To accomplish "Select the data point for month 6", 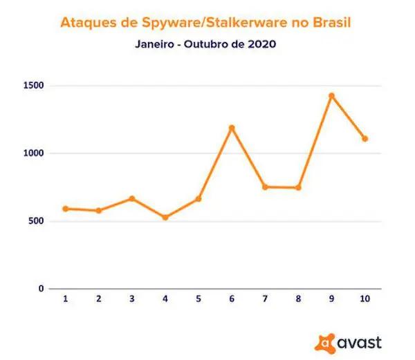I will click(x=232, y=128).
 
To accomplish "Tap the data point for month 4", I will click(x=165, y=218).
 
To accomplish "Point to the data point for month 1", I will click(x=65, y=209).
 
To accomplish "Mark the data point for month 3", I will click(x=131, y=199).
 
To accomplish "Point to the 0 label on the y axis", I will click(x=41, y=289).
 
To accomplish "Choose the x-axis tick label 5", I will click(x=198, y=299).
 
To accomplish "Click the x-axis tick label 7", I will click(x=264, y=299).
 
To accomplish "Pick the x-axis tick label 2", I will click(x=98, y=299).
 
